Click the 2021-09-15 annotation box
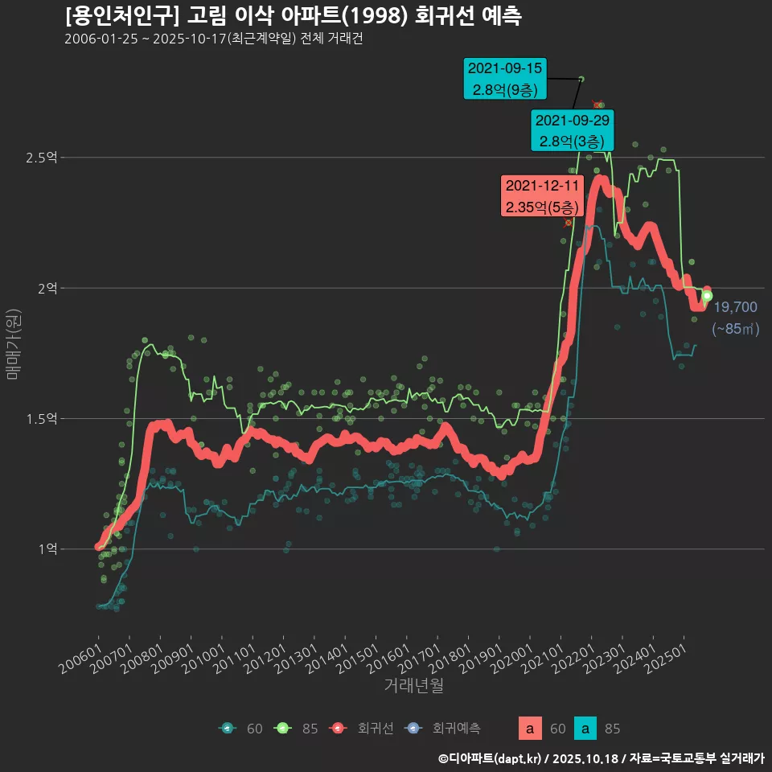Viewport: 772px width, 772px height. coord(505,79)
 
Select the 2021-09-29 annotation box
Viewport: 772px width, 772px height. coord(573,130)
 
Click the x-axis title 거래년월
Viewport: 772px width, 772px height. coord(413,685)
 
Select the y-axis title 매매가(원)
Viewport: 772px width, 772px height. coord(14,344)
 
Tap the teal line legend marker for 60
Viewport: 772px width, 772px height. coord(228,729)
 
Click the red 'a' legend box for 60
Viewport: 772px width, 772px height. coord(529,729)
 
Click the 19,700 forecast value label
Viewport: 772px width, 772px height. coord(735,307)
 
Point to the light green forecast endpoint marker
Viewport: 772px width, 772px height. coord(707,296)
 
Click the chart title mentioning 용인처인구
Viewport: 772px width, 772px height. coord(294,15)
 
